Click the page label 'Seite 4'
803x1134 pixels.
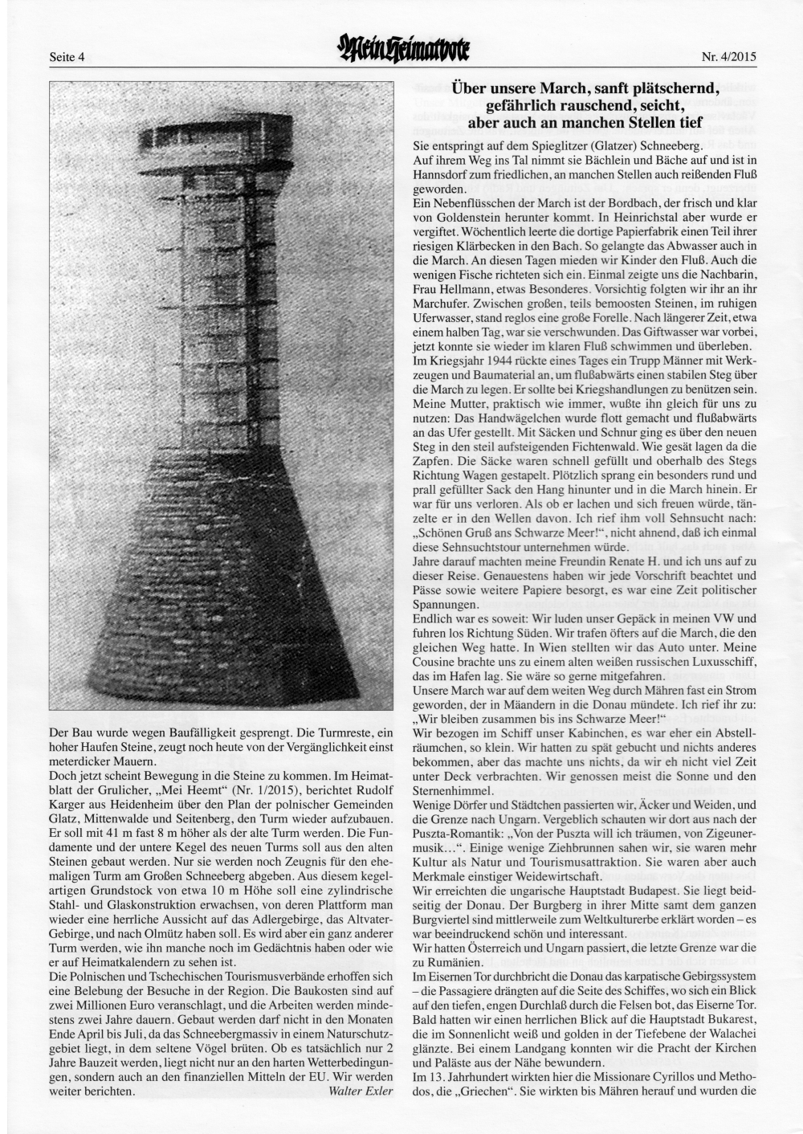[67, 57]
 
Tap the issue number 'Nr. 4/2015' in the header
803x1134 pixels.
[729, 57]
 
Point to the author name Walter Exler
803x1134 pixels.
[361, 1091]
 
